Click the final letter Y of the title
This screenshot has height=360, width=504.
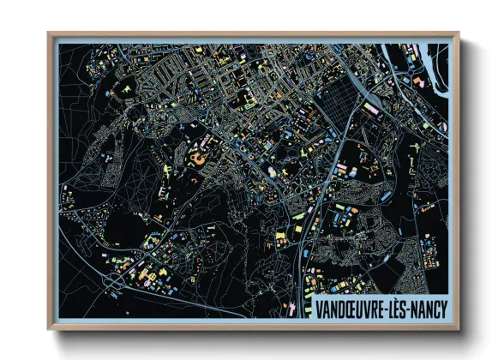point(442,307)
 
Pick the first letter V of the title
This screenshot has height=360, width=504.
point(319,307)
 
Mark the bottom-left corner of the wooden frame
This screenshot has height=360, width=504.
point(50,329)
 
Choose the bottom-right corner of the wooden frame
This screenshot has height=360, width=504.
point(459,329)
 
